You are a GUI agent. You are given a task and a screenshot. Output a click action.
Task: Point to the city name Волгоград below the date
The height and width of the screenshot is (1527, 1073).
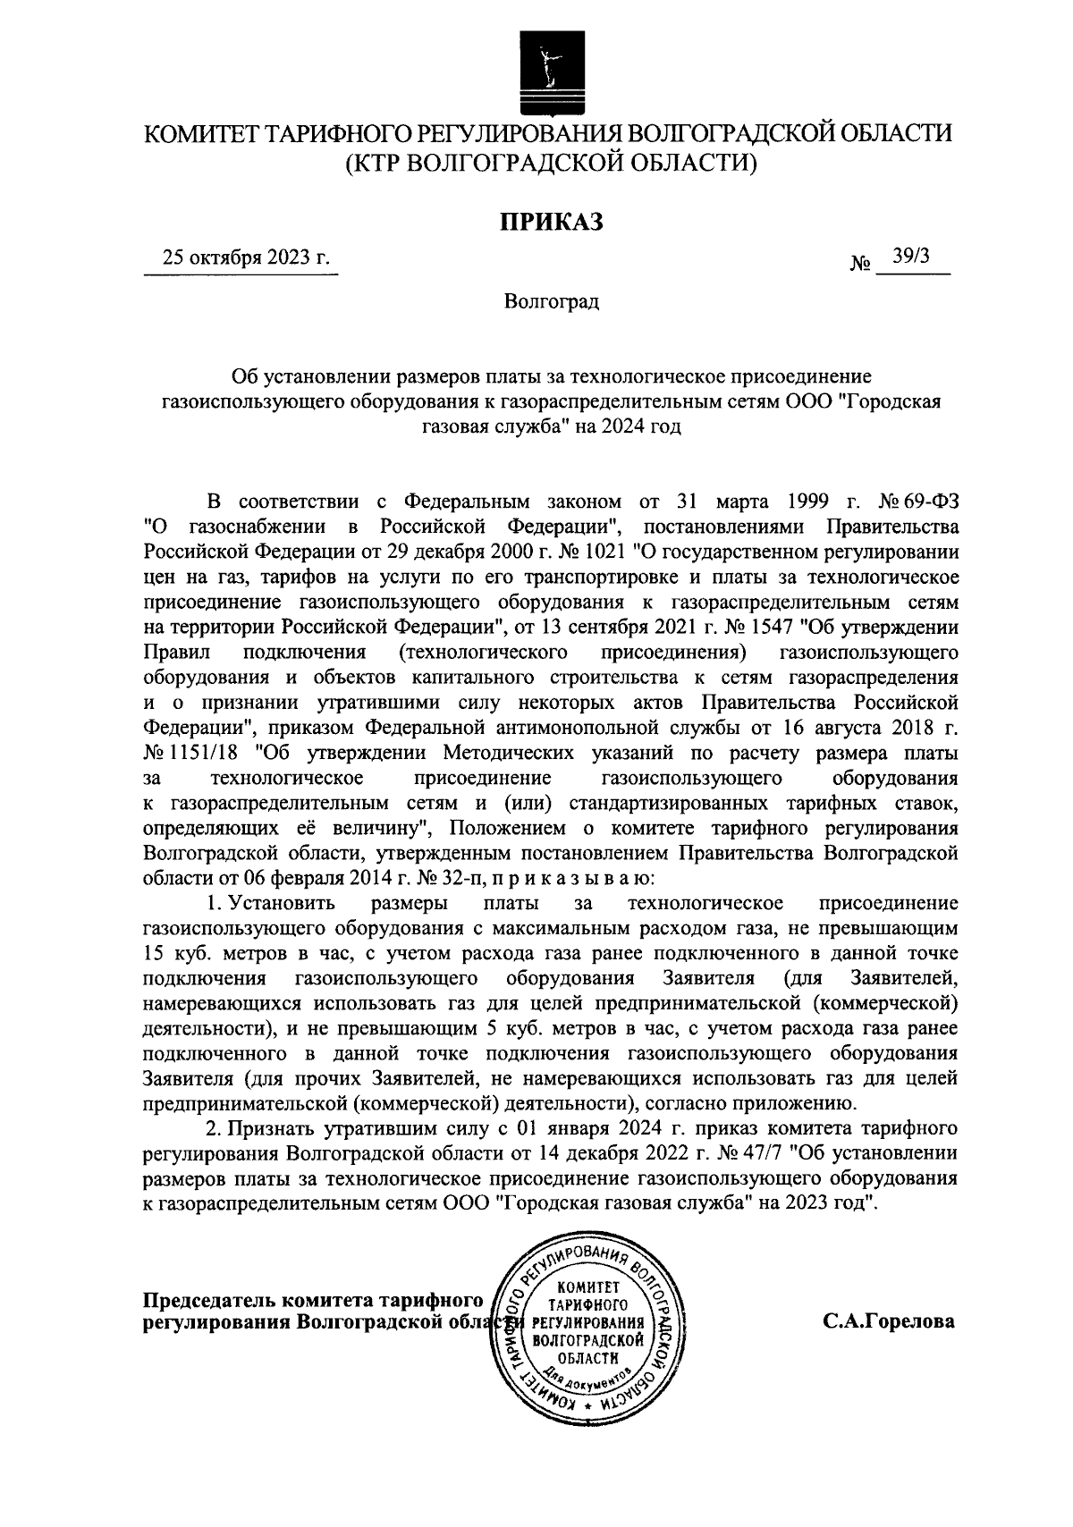550,301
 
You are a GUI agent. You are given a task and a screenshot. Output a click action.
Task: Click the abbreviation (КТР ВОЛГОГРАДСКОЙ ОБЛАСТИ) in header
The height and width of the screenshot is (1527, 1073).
550,163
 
